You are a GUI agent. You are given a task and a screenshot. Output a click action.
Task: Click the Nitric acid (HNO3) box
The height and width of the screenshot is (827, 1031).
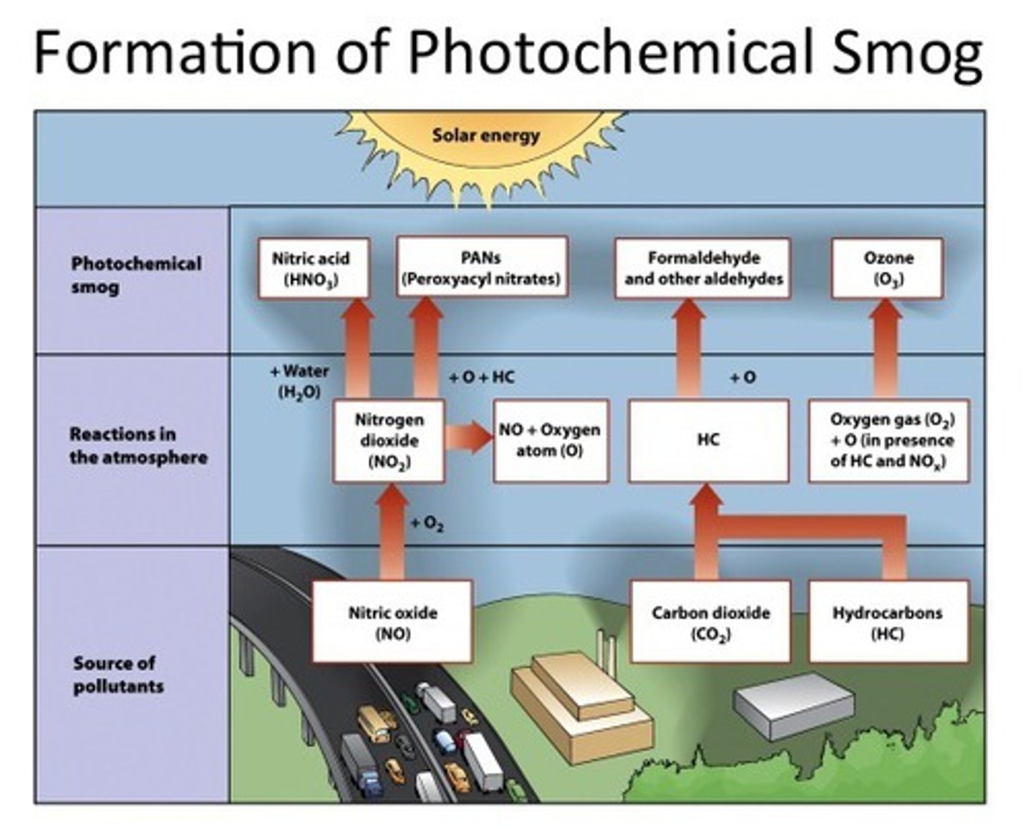click(314, 268)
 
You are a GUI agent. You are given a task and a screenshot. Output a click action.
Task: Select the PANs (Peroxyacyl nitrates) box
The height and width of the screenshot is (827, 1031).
click(482, 268)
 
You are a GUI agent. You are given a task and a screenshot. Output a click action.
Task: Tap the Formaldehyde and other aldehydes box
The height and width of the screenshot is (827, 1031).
click(703, 268)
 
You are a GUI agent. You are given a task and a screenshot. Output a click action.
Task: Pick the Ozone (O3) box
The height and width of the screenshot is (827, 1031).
click(887, 268)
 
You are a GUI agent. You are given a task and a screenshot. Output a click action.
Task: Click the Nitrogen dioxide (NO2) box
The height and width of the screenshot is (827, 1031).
click(389, 441)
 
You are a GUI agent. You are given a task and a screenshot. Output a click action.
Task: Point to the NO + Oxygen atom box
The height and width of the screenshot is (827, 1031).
click(551, 441)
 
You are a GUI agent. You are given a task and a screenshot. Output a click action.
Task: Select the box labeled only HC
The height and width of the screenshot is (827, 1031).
click(708, 441)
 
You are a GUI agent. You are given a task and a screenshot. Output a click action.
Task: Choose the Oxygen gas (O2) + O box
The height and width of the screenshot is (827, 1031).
click(889, 441)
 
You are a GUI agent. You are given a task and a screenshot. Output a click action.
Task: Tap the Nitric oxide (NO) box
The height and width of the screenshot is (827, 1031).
click(392, 621)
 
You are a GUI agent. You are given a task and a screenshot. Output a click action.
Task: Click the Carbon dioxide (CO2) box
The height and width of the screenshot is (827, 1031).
click(710, 621)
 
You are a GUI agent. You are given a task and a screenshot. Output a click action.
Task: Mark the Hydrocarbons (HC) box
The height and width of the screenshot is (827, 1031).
click(888, 621)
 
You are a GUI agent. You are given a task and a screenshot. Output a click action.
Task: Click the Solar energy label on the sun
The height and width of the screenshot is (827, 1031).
click(485, 135)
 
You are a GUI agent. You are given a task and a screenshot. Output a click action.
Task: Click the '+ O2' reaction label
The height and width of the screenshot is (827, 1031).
click(427, 524)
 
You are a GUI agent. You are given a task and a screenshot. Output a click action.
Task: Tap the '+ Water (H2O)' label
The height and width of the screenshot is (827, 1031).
click(299, 381)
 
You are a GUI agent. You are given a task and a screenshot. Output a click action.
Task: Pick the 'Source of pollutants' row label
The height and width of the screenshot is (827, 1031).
click(118, 674)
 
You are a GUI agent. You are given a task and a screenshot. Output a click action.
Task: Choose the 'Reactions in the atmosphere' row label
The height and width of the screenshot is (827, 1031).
click(137, 445)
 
